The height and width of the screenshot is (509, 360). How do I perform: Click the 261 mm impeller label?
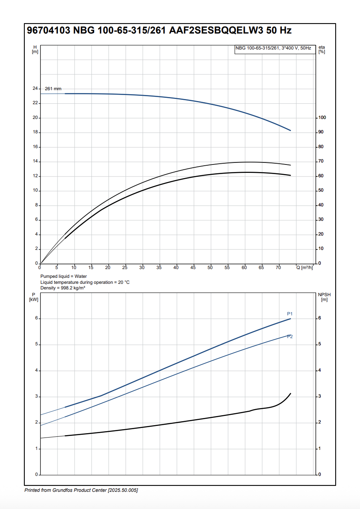53,89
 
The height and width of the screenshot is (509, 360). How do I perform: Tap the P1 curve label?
290,313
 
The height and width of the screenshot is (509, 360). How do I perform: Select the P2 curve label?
290,337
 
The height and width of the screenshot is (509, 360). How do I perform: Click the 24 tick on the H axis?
35,89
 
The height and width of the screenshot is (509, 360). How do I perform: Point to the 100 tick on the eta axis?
322,118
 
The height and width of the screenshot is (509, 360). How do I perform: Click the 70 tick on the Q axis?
278,267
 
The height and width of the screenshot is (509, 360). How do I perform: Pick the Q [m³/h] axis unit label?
305,267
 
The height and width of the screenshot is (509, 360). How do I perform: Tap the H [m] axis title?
35,50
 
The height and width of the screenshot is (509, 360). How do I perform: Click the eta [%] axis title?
322,50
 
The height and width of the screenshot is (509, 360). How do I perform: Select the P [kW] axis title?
34,297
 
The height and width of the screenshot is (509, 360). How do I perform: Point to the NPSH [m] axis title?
324,297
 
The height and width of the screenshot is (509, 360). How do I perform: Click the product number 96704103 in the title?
48,31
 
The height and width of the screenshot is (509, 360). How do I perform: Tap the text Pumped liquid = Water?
63,276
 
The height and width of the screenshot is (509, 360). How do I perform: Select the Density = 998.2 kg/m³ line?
63,288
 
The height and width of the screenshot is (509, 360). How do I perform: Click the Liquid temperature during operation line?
85,282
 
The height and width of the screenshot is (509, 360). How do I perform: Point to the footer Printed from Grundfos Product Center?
81,490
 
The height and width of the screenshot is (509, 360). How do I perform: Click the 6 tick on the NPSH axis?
319,319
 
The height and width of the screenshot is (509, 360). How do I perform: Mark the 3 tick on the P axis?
36,396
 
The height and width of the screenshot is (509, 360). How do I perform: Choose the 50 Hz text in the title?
279,31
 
